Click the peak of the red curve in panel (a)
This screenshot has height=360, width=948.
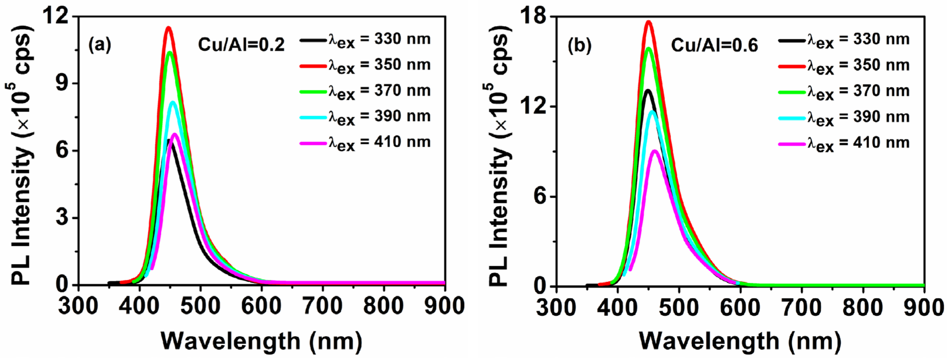point(169,28)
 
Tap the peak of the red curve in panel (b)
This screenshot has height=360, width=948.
point(648,22)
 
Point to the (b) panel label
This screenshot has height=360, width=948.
point(579,46)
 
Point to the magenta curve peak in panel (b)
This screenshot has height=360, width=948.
point(655,151)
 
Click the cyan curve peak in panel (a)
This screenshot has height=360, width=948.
point(173,102)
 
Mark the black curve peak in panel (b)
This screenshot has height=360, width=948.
point(647,90)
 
